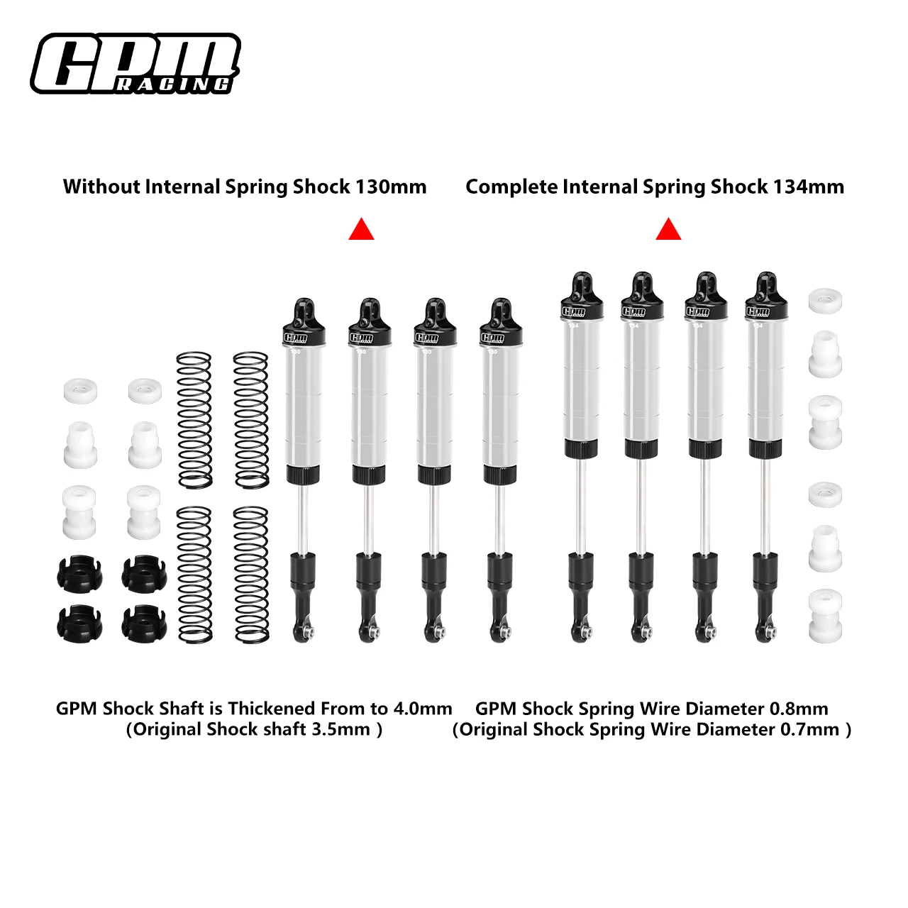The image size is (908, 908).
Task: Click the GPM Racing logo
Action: (x=135, y=64)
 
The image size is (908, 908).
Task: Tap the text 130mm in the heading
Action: (x=391, y=187)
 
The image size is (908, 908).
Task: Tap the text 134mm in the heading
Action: (x=809, y=187)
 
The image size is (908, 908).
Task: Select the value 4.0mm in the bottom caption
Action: (x=423, y=709)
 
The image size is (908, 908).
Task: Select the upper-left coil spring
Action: (x=194, y=420)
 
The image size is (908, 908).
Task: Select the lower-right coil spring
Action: (x=251, y=575)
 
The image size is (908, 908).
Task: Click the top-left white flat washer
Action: (x=80, y=390)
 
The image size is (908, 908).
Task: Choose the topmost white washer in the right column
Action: (x=825, y=301)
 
